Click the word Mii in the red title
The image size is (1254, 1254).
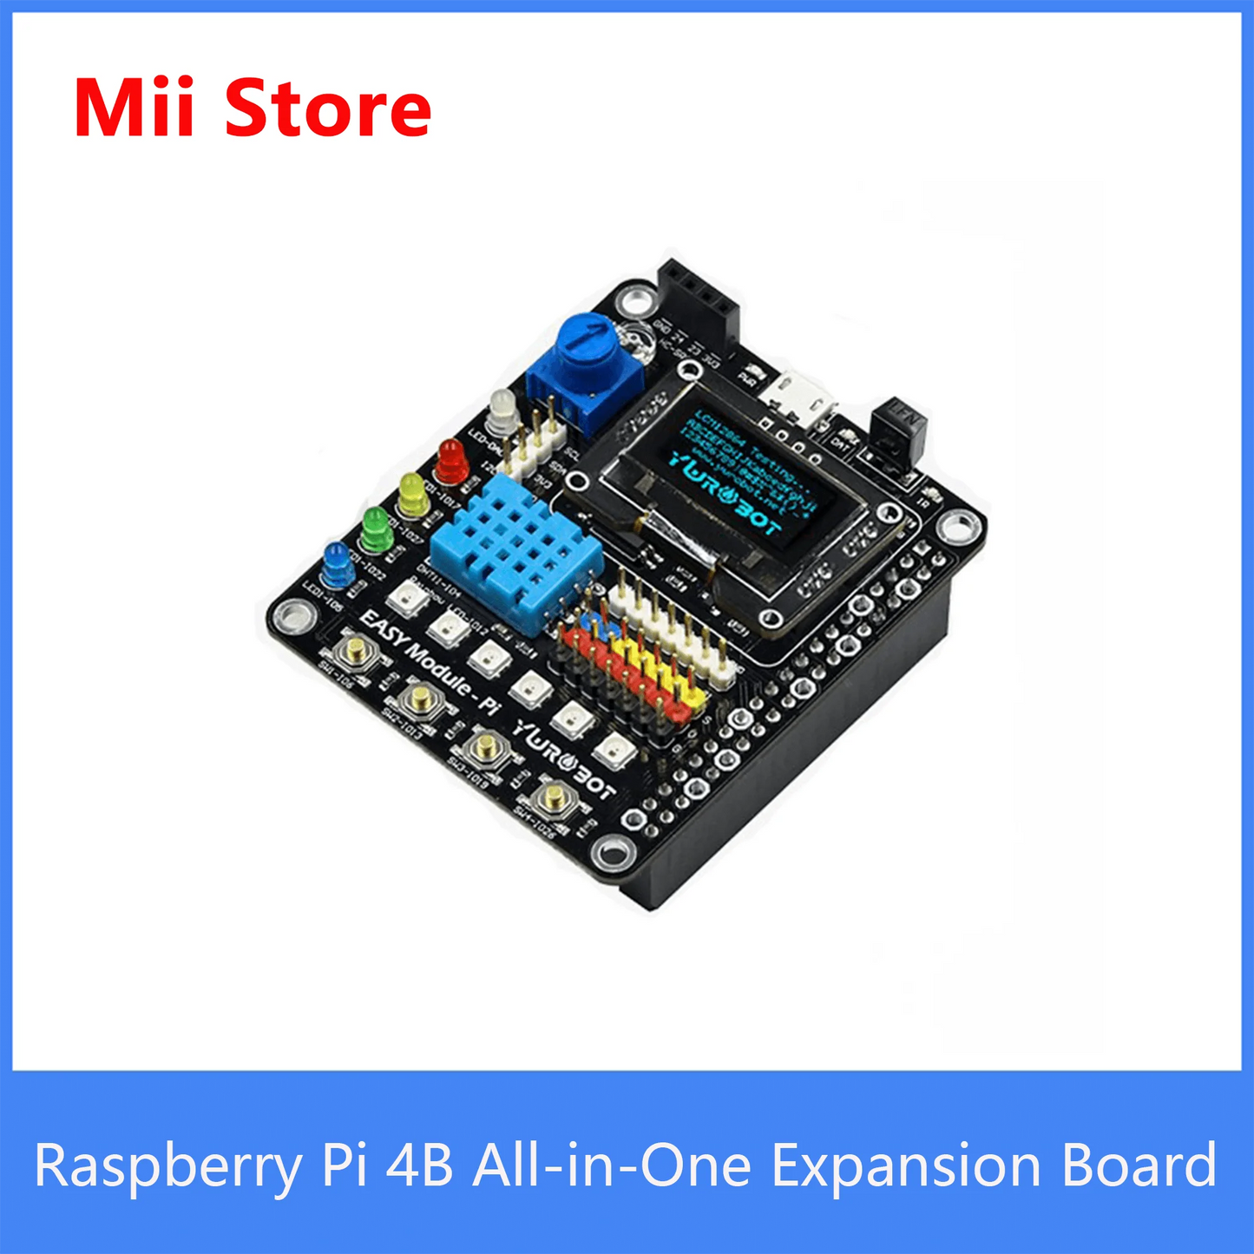pos(135,108)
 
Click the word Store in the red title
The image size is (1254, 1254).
pos(327,108)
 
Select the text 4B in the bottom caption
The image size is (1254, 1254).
pos(419,1165)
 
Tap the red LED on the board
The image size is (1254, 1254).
pos(451,461)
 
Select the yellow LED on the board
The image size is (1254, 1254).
pos(413,494)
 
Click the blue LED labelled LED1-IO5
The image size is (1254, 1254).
pos(337,564)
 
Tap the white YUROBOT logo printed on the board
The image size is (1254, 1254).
pos(565,758)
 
